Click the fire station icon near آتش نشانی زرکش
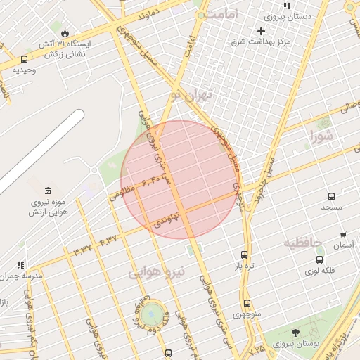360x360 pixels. point(65,33)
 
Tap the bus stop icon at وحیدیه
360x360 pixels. point(25,60)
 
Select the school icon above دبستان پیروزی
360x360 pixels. point(287,6)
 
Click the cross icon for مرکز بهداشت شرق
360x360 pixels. point(261,31)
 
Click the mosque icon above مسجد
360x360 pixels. point(330,196)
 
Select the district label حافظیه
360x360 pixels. point(302,243)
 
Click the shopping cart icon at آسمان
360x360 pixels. point(343,235)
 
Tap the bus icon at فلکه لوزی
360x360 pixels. point(319,259)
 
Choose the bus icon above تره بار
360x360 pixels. point(244,255)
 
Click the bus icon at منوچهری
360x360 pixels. point(247,303)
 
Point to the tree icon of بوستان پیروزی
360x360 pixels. point(295,333)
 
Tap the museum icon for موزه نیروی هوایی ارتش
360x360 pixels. point(47,191)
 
